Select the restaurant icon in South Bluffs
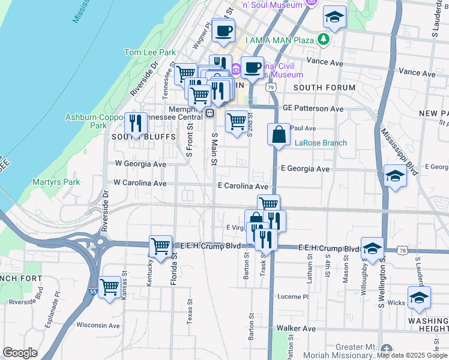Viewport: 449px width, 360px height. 136,124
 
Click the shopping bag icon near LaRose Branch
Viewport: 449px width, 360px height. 279,134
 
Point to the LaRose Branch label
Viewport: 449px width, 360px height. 321,143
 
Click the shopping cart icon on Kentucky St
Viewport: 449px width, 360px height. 160,246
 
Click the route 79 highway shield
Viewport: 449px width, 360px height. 271,88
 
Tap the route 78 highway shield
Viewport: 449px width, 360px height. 419,249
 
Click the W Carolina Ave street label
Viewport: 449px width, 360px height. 140,183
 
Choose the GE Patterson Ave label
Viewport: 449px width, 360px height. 313,109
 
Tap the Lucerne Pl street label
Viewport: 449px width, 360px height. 292,296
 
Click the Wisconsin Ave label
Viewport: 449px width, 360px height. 98,325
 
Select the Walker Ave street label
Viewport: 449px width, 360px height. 296,329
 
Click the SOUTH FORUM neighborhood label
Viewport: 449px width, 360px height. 324,88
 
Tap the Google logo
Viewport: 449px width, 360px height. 20,353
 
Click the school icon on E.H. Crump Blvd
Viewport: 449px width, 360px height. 372,248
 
